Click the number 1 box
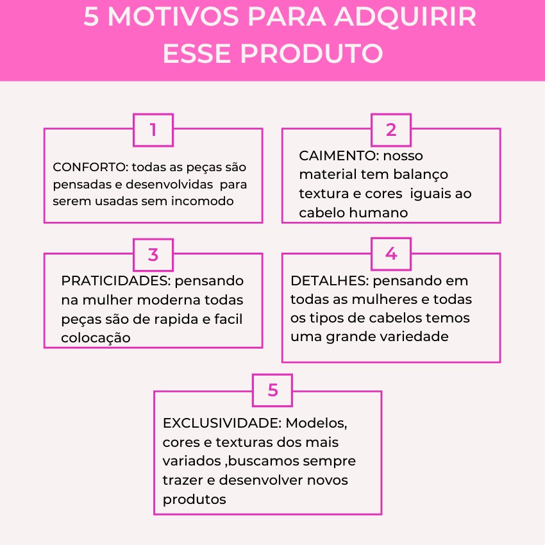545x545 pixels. pos(153,130)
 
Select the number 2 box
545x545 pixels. pos(391,130)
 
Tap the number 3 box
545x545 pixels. pos(153,255)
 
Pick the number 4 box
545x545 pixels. pos(391,254)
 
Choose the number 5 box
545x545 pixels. pos(272,390)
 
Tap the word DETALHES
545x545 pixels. pos(328,281)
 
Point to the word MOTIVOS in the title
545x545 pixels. pos(173,18)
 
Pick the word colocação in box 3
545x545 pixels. pos(96,338)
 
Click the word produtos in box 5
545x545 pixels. pos(194,499)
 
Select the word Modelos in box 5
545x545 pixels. pos(317,424)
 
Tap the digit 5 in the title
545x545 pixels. pos(91,18)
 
